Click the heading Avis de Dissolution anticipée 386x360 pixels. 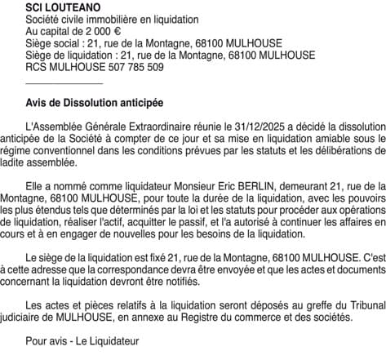pos(95,104)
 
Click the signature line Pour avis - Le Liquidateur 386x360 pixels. pos(82,340)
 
